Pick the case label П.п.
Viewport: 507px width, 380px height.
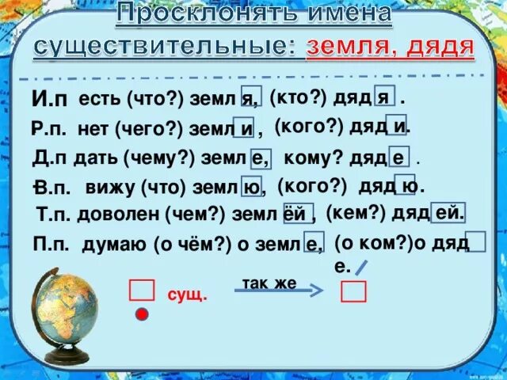[x=52, y=243]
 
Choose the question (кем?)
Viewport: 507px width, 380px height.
[x=355, y=211]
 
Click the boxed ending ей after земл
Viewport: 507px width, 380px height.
[x=294, y=214]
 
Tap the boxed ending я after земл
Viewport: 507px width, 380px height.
[x=252, y=99]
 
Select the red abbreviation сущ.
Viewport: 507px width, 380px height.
[x=186, y=295]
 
